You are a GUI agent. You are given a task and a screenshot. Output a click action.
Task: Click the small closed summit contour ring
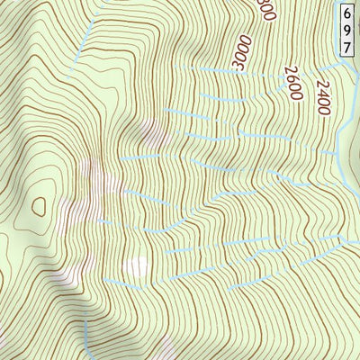click(38, 206)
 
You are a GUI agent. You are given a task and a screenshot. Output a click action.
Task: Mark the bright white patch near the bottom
click(137, 266)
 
